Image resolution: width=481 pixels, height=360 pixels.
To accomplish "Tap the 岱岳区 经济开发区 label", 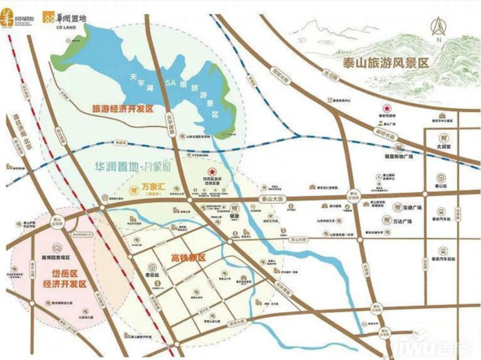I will [63, 279].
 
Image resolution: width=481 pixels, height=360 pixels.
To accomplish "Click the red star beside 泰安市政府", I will [385, 109].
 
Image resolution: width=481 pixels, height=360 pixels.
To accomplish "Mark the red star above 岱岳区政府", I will [210, 172].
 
